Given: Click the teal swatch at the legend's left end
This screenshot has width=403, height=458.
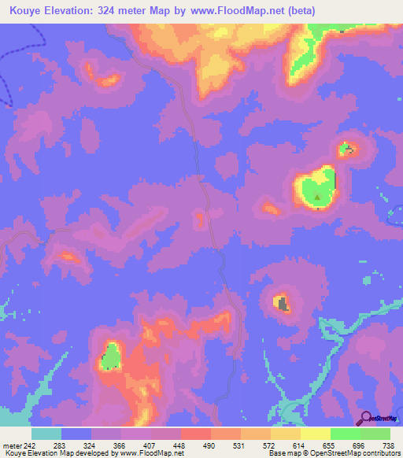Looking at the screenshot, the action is point(46,434).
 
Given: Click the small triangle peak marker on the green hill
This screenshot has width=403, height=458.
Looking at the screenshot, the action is point(317,198).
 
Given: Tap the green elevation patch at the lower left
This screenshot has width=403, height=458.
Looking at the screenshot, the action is point(113,356).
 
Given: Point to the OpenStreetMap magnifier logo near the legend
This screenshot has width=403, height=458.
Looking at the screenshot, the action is point(365,419).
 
